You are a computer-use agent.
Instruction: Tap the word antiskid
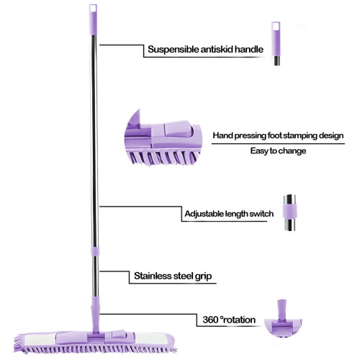pos(217,49)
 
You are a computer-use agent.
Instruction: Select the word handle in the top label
pos(249,49)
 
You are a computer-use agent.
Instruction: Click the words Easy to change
pos(278,151)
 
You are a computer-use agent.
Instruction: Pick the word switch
pos(261,214)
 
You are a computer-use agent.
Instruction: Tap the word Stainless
pos(153,276)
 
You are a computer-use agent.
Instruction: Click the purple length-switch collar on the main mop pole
pos(95,251)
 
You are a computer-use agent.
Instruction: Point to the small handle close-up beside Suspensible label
pos(276,43)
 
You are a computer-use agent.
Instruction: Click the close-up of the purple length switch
pos(289,212)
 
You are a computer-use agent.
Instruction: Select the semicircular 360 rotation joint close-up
pos(282,319)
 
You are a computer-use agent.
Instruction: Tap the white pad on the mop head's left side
pos(40,340)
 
